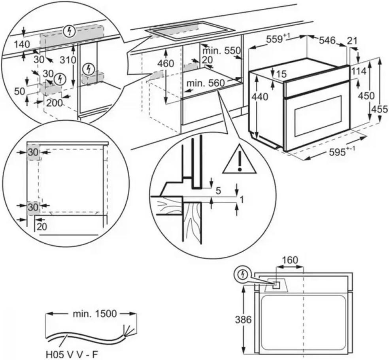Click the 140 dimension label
coord(22,45)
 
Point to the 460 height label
coord(166,64)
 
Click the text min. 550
coord(221,51)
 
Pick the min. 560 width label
coord(206,83)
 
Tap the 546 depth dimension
coord(327,40)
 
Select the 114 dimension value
coord(359,72)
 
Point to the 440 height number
coord(260,97)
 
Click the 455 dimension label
coord(380,109)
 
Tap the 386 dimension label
coord(244,320)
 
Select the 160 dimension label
coord(290,260)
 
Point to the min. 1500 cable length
coord(94,314)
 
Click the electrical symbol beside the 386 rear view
coord(242,275)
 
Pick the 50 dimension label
coord(19,91)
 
